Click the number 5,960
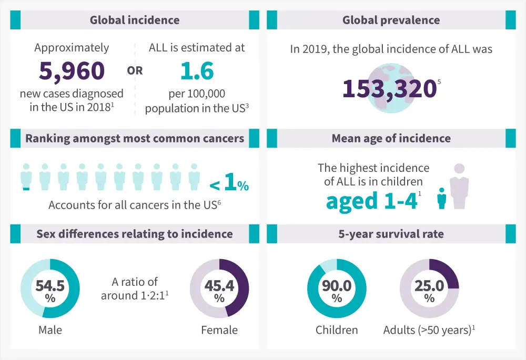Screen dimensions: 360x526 [x=72, y=71]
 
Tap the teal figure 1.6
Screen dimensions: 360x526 [x=197, y=71]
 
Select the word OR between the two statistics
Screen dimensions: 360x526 [x=135, y=70]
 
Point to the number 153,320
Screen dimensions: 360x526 [x=389, y=88]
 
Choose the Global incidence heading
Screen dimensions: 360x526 [x=134, y=20]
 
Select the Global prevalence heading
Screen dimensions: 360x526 [x=391, y=20]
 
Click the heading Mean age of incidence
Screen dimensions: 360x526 [x=391, y=139]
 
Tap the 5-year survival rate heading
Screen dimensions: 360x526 [x=391, y=234]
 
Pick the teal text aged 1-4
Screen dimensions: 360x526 [x=372, y=201]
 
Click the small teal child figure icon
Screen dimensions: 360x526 [x=442, y=199]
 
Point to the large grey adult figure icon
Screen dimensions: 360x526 [x=460, y=187]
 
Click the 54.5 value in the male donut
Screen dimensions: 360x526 [x=50, y=286]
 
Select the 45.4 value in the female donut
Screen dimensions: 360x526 [x=219, y=286]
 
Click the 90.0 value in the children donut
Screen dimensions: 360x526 [x=337, y=286]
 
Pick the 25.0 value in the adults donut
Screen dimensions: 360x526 [x=429, y=286]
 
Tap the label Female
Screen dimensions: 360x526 [x=219, y=330]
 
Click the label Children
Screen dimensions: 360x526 [x=337, y=330]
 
